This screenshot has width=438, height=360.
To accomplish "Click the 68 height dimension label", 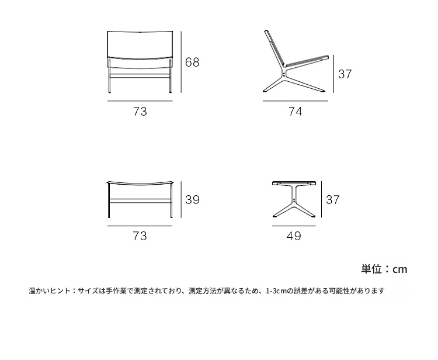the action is coord(192,62).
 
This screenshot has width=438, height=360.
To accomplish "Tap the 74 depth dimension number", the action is coord(296,112).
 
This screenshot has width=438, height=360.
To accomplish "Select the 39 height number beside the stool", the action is coord(193,199).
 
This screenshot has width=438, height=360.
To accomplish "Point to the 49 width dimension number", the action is coord(294,236).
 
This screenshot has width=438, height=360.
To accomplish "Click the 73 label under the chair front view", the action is coord(140,112).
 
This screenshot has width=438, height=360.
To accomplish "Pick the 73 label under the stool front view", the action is coord(140,236).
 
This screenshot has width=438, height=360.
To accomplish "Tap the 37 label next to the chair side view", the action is coord(345,74).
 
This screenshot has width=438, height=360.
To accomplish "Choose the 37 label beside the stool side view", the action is coord(333,199).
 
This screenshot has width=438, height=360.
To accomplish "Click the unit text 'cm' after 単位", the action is coord(400,269).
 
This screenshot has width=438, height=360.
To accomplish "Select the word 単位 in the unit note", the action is coord(371,269).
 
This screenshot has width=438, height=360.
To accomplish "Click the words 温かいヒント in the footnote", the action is coord(50,291).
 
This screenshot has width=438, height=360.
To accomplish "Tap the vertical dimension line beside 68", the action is coord(181,62).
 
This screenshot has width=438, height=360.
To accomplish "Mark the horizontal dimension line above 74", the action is coord(296,101).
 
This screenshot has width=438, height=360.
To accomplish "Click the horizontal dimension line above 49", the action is coord(294,226).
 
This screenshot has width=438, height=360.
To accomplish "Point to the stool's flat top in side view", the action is coord(294,183).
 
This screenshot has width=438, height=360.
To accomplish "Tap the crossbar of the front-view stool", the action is coord(140,199).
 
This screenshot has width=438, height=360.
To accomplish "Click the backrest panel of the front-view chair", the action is coord(140,45).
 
